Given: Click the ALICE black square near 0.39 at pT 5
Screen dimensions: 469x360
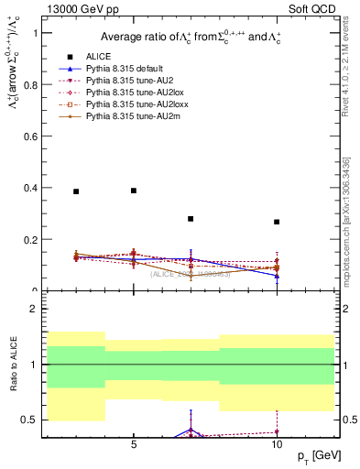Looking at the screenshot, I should pos(134,191).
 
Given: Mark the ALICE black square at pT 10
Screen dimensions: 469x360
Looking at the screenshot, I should pos(277,222).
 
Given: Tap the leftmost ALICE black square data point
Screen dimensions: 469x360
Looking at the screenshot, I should pos(76,191).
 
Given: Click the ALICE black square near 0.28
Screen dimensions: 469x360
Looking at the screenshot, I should pos(191,219).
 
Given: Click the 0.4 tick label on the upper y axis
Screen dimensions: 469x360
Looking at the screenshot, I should pos(38,188).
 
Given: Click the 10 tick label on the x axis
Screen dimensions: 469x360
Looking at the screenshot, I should pos(277,444).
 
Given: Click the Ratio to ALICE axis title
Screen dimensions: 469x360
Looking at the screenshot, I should pos(12,364).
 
